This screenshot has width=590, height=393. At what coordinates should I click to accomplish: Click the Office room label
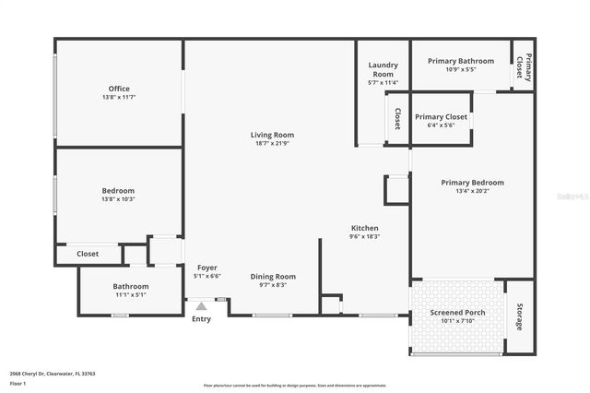pyautogui.click(x=120, y=89)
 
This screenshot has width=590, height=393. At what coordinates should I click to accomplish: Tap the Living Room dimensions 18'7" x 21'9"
pyautogui.click(x=272, y=144)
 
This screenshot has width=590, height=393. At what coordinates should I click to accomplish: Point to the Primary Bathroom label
pyautogui.click(x=461, y=61)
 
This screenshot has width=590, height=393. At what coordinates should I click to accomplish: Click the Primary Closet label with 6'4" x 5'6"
pyautogui.click(x=441, y=117)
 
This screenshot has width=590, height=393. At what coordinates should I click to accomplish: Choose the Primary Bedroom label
pyautogui.click(x=472, y=183)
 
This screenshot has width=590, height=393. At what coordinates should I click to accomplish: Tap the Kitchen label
pyautogui.click(x=364, y=228)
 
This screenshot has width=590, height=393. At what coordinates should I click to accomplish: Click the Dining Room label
pyautogui.click(x=273, y=276)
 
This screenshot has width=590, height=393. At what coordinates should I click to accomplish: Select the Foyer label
pyautogui.click(x=207, y=268)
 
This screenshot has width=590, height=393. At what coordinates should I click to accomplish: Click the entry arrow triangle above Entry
pyautogui.click(x=201, y=305)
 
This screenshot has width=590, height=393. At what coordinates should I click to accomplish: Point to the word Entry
pyautogui.click(x=201, y=319)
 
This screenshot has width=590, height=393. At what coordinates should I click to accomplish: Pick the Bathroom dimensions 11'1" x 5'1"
pyautogui.click(x=131, y=295)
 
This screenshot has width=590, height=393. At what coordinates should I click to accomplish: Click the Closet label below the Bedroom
pyautogui.click(x=88, y=253)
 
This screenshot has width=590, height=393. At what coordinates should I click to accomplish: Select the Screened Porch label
pyautogui.click(x=457, y=313)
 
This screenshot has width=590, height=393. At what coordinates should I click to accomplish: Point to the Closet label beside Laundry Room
pyautogui.click(x=397, y=118)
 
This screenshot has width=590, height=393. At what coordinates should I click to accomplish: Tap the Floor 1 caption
pyautogui.click(x=18, y=383)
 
